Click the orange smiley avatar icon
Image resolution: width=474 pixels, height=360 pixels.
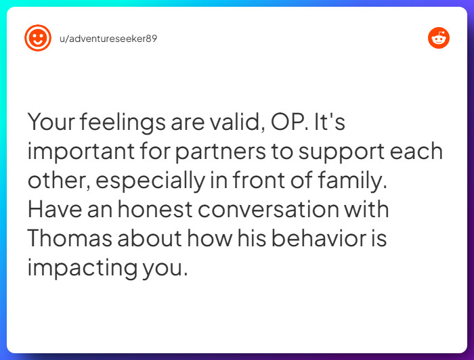coord(38,38)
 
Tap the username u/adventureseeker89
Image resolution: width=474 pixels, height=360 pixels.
coord(108,39)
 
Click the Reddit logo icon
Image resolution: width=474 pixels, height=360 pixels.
coord(439,38)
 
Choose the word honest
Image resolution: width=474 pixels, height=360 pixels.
coord(156,209)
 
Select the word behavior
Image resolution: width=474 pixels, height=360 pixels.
coord(303,238)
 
